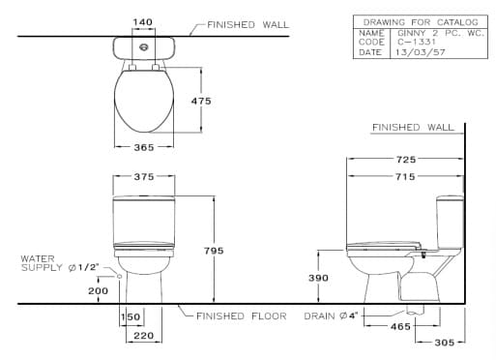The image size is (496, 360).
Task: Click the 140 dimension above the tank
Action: coord(142,21)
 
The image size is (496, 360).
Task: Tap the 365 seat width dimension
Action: coord(142,147)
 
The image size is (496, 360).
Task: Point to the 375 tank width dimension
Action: coord(142,176)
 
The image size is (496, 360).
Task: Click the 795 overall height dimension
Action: coord(214,250)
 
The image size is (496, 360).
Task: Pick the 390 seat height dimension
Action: coord(318,278)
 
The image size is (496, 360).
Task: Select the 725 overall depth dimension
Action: coord(406,158)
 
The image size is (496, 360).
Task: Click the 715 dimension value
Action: coord(406,175)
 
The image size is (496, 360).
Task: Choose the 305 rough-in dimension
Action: coord(444,342)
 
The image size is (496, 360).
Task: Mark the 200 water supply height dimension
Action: coord(98,290)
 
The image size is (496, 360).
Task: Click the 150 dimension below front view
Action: coord(131,316)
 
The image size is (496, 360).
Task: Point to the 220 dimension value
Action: coord(142,336)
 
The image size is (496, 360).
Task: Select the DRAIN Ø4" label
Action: coord(332,315)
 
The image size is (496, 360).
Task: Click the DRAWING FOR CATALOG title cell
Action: coord(420,20)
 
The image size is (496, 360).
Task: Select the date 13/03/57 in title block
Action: coord(419,52)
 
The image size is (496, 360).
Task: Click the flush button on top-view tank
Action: coord(143,45)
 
